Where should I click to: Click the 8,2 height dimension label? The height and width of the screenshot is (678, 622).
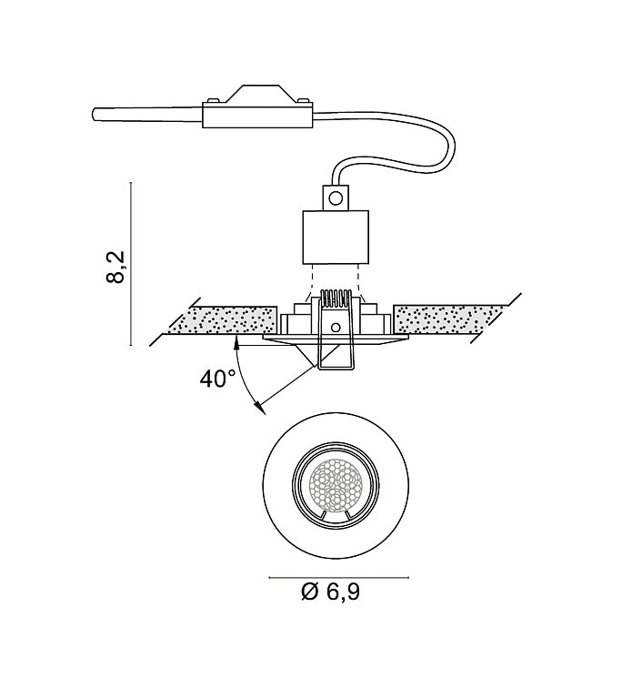[x=115, y=267]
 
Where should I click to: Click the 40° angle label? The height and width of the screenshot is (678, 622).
[x=217, y=379]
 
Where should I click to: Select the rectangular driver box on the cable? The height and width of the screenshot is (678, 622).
[x=257, y=115]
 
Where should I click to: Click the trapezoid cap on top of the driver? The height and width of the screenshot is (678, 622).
[x=257, y=94]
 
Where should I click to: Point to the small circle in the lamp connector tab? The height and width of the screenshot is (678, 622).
[x=336, y=198]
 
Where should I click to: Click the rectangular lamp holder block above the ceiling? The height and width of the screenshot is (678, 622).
[x=336, y=237]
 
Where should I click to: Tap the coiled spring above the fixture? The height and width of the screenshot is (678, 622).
[x=336, y=299]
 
